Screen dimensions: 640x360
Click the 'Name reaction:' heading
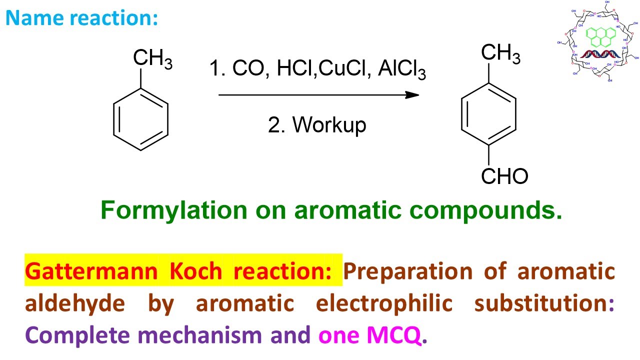pos(81,18)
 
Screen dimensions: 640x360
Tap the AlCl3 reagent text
pos(402,69)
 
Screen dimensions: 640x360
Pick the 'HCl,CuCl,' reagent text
pos(324,69)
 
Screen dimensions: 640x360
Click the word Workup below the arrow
pos(329,124)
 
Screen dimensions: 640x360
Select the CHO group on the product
pos(504,176)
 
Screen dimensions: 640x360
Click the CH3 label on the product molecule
pos(500,53)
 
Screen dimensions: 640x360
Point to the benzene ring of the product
pos(488,115)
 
